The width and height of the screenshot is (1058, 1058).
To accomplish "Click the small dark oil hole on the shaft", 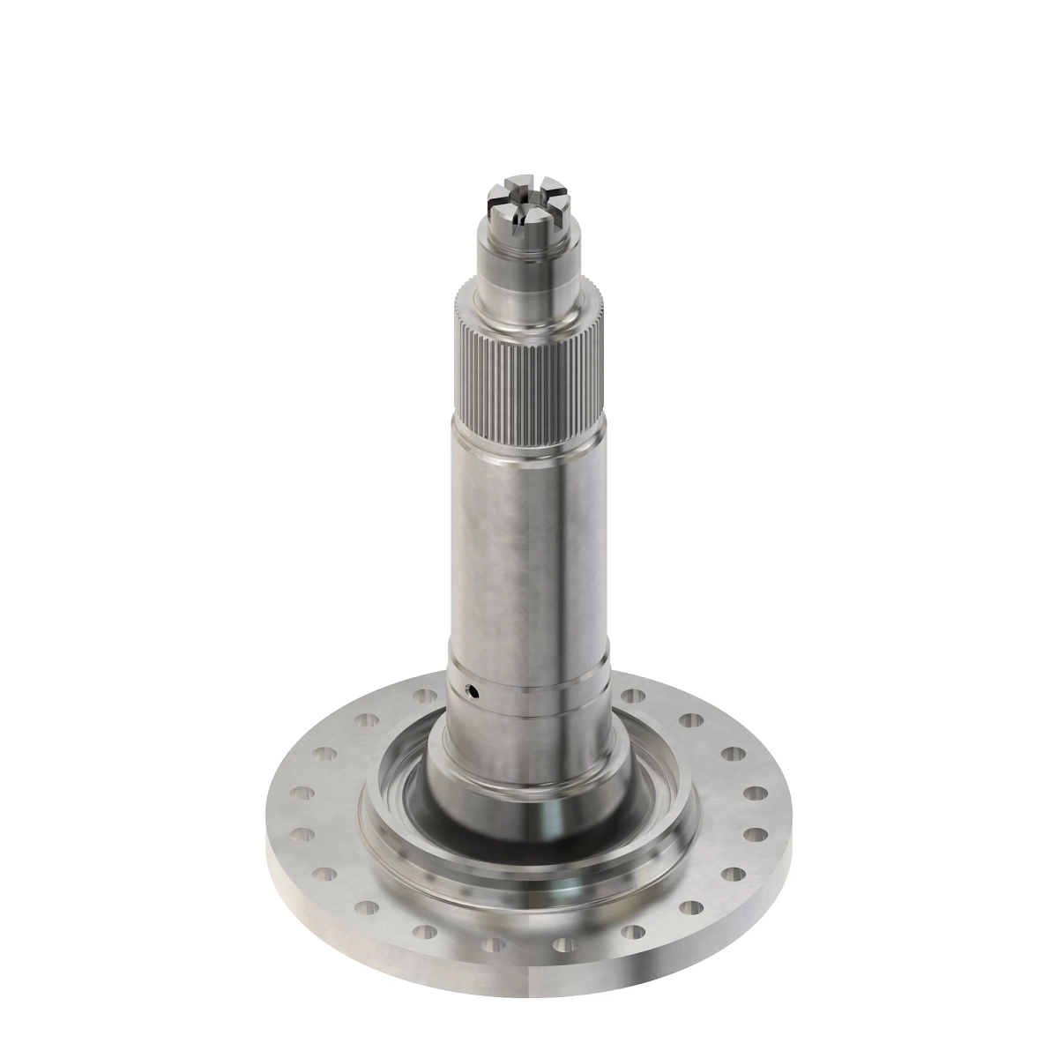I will tap(473, 691).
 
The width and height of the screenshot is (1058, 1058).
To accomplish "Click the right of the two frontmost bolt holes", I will tap(564, 945).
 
